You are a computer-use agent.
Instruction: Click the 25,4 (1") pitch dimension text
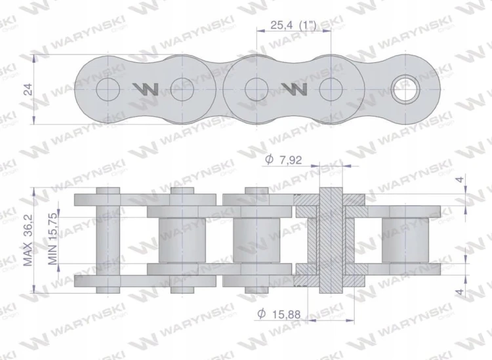click(293, 25)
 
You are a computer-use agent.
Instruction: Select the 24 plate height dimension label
click(28, 89)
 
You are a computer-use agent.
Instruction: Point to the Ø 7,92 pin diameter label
click(283, 160)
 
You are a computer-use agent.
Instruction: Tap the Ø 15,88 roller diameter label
click(279, 314)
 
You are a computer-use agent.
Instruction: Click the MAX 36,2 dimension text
click(28, 241)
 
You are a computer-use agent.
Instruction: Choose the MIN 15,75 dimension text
click(52, 239)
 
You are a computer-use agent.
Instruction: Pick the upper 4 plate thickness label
click(460, 180)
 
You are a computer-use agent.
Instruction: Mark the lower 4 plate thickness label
click(460, 292)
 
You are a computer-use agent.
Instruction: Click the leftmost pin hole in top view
click(108, 89)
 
